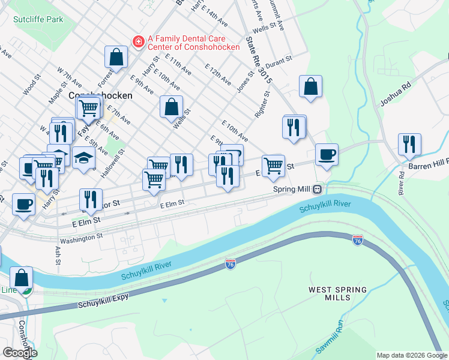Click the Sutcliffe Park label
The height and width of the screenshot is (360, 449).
(x=38, y=19)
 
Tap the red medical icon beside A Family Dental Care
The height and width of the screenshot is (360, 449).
(x=138, y=41)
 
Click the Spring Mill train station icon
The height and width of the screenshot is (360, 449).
(x=316, y=189)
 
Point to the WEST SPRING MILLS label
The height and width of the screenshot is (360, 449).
(x=337, y=293)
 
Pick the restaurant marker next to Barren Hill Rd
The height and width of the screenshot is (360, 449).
(x=409, y=145)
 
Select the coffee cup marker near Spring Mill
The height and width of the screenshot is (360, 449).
(x=327, y=155)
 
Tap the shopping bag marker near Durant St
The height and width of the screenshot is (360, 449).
(x=310, y=86)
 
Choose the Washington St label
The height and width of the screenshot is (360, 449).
(x=82, y=238)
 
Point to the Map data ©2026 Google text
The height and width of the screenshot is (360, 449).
(x=411, y=355)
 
